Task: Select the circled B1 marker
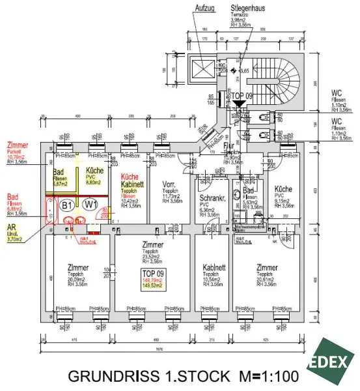[x=66, y=205]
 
